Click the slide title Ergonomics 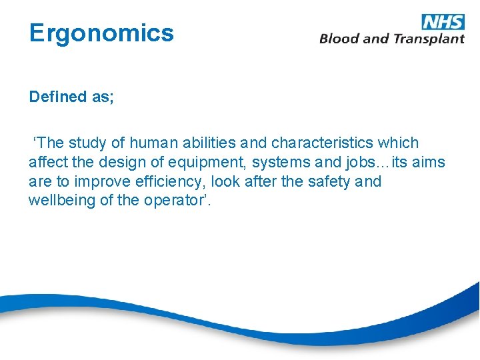[101, 33]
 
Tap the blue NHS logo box [443, 21]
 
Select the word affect [45, 162]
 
